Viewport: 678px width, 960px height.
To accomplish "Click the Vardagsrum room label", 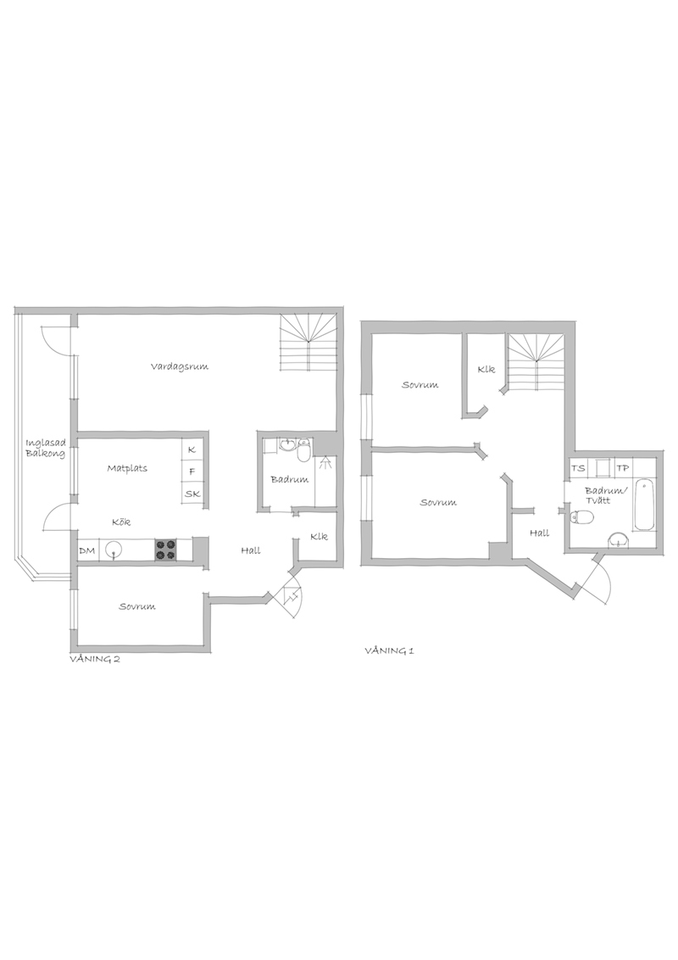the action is [180, 366].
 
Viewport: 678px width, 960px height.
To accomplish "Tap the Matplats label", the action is [127, 468].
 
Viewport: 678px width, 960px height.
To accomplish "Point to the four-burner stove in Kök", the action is [164, 550].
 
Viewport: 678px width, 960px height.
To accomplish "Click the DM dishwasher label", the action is [87, 551].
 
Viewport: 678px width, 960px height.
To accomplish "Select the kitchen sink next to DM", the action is [114, 550].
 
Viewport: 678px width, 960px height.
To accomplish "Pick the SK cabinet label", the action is [192, 494].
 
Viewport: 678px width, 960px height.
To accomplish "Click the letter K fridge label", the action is [192, 449].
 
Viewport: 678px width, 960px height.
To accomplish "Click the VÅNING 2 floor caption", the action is [94, 660].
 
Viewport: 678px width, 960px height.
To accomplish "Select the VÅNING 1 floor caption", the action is [389, 650].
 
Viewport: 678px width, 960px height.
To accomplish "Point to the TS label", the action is [578, 468].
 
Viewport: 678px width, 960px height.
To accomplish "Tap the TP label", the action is [623, 468].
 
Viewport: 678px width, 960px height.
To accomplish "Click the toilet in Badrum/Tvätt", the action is [581, 518].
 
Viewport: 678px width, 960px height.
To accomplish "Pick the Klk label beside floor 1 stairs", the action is [486, 370].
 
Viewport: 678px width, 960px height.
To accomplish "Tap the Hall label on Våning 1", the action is [539, 533].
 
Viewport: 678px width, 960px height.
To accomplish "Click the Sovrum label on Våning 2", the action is [137, 606].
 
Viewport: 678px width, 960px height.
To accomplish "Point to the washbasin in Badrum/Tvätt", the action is [619, 539].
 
